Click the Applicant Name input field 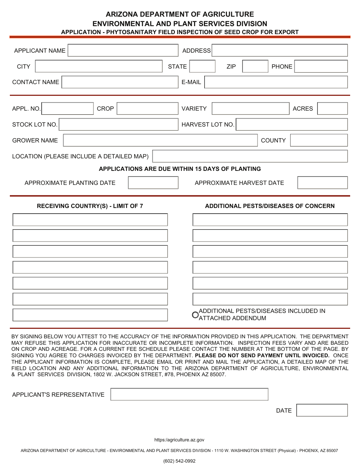point(123,50)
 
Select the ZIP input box point(255,66)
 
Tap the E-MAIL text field point(276,82)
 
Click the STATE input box point(202,66)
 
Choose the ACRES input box point(332,109)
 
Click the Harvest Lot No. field point(291,125)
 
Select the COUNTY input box point(318,140)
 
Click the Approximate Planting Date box point(153,183)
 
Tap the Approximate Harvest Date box point(322,183)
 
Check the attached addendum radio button point(195,315)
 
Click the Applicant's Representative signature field point(189,394)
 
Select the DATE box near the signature point(322,410)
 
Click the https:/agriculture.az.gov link point(179,440)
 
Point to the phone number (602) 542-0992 point(179,461)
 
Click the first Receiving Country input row point(90,220)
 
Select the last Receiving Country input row point(90,315)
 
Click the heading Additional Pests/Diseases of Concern point(270,206)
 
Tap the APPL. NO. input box point(67,109)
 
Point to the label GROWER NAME point(35,141)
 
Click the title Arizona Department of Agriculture point(180,14)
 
